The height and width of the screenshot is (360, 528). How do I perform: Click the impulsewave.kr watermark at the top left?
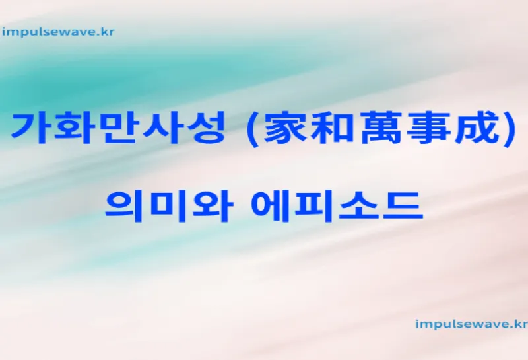[x=59, y=31]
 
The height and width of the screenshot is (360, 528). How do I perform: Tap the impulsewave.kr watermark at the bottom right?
[x=471, y=324]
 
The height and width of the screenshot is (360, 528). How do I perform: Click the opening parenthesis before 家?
[x=250, y=129]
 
